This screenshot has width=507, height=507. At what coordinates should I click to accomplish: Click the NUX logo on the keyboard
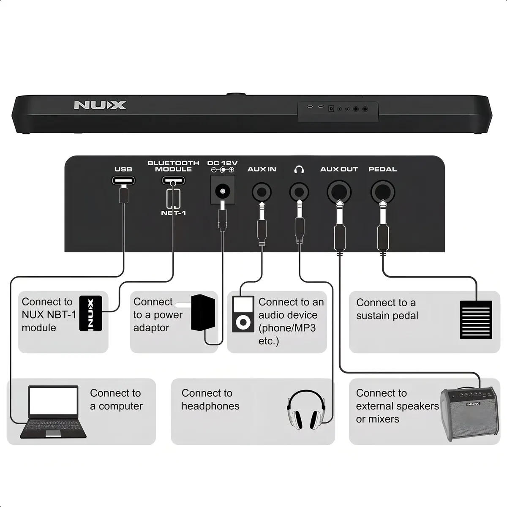tap(100, 105)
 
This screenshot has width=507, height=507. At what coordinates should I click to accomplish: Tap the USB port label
tap(123, 169)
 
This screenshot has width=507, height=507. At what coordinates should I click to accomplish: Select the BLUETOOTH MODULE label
tap(173, 166)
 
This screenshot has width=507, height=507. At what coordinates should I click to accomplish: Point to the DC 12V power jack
tap(222, 191)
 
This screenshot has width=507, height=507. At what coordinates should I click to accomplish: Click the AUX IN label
tap(262, 169)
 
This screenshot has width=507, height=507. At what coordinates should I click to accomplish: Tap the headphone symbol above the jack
tap(299, 169)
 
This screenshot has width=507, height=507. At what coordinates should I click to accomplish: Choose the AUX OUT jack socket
tap(339, 192)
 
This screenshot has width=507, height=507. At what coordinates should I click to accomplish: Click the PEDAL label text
tap(382, 169)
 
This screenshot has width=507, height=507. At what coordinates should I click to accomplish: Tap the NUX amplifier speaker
tap(469, 414)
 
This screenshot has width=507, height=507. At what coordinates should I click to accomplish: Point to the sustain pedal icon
tap(476, 319)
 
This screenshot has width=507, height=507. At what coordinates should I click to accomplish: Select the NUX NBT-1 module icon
tap(90, 313)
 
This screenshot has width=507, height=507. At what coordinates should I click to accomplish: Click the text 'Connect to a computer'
tap(116, 400)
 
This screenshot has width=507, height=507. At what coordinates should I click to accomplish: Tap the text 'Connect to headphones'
tap(210, 400)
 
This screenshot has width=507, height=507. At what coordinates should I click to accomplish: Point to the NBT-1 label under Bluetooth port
tap(173, 213)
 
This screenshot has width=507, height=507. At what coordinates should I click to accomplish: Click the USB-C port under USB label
tap(123, 181)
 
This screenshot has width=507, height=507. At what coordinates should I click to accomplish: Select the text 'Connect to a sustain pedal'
tap(387, 309)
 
